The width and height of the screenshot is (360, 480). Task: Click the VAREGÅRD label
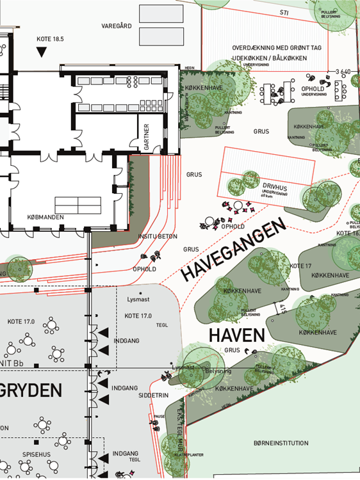click(117, 27)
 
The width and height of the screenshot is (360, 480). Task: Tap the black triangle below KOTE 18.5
click(41, 52)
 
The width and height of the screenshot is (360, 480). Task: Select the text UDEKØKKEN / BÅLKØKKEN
click(270, 58)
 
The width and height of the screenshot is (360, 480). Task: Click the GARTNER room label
click(147, 136)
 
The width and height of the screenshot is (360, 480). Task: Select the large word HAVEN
click(237, 335)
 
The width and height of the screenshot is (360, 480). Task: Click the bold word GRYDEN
click(32, 390)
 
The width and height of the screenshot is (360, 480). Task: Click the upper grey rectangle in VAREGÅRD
click(156, 16)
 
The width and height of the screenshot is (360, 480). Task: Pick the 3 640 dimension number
click(343, 71)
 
